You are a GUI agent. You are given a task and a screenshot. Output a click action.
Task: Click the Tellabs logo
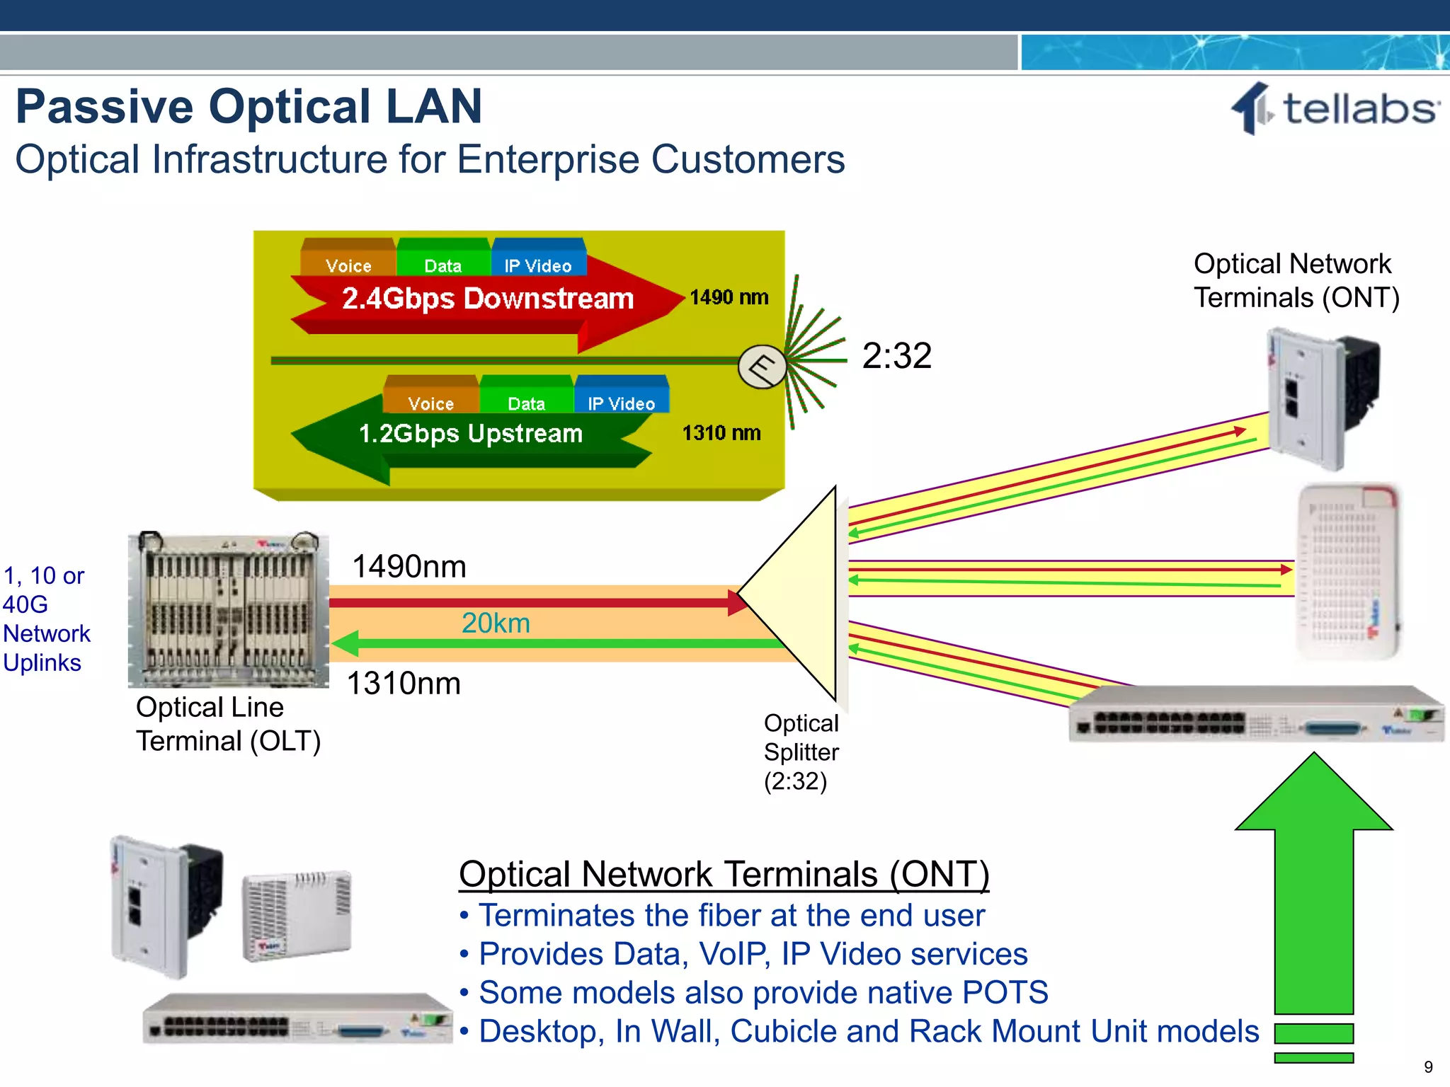click(1335, 109)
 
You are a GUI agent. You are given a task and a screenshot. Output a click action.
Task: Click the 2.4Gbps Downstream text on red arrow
click(487, 299)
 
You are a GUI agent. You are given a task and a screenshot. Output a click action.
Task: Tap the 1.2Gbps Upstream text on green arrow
click(470, 433)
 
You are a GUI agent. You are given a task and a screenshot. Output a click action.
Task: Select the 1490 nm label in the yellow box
click(729, 297)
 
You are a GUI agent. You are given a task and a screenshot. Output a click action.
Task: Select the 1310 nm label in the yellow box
click(721, 433)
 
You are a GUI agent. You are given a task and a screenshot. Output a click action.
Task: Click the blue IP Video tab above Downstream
click(538, 265)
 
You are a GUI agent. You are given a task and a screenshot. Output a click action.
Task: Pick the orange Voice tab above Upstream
click(430, 403)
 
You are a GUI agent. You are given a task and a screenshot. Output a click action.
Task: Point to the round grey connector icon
click(762, 367)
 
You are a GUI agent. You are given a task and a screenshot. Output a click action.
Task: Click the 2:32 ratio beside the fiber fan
click(896, 355)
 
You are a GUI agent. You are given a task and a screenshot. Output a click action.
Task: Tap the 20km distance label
click(496, 623)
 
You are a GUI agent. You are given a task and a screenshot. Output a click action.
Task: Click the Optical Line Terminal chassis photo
click(228, 609)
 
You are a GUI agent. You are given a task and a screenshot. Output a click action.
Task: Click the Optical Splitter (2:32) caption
click(801, 752)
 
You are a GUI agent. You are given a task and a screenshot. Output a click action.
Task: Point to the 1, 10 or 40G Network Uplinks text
click(47, 619)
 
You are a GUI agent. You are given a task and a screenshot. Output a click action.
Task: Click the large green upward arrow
click(1313, 885)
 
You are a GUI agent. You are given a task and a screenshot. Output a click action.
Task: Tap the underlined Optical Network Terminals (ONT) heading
click(724, 874)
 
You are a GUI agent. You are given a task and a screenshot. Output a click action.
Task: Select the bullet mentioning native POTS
click(763, 992)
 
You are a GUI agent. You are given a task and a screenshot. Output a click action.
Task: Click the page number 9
click(1428, 1066)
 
